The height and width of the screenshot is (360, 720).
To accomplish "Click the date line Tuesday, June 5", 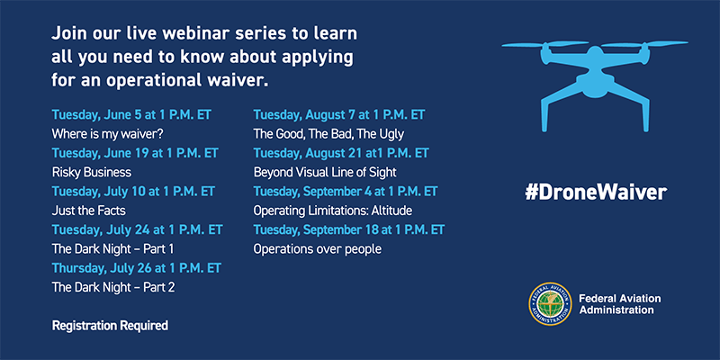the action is tap(131, 115).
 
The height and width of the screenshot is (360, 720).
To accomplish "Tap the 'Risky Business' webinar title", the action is tap(92, 172).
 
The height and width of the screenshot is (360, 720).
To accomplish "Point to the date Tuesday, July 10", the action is tap(133, 191).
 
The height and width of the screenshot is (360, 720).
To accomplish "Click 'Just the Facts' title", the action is tap(88, 211).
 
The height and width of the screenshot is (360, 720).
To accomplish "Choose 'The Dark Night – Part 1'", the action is tap(113, 248).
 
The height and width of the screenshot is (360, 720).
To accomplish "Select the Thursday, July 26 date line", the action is tap(137, 267).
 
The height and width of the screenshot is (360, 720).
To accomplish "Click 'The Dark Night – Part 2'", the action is tap(113, 287).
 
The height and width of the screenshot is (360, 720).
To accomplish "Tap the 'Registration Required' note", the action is tap(110, 326).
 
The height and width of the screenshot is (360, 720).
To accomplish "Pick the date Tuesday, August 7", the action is tap(339, 115).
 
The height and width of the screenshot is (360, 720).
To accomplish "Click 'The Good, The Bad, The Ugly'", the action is tap(328, 134).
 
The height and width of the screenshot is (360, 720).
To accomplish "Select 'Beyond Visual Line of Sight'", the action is tap(325, 172).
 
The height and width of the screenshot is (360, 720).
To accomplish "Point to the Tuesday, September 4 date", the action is tap(346, 191).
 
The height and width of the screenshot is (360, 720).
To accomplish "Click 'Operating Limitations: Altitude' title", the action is tap(333, 211).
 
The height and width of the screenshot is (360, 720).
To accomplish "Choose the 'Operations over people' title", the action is tap(318, 249).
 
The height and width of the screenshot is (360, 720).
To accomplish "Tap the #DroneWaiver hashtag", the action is tap(596, 192).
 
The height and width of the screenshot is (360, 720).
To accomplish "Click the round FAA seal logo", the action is tap(550, 304).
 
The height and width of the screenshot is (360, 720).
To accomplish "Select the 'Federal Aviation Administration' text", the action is tap(620, 304).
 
